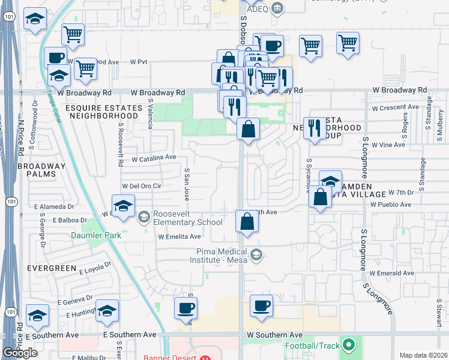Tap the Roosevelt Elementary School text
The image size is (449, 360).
point(180,218)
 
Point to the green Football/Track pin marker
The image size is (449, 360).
point(348,345)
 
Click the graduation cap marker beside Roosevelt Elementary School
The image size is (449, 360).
point(123,206)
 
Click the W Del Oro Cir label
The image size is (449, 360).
point(142,186)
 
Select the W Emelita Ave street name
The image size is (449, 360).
point(179,237)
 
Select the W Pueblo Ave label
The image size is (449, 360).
point(390,205)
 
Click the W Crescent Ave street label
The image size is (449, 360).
point(395,108)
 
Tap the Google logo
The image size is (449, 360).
point(20,353)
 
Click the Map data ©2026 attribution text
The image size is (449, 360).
point(424,355)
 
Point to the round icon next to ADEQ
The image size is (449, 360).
point(277,7)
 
